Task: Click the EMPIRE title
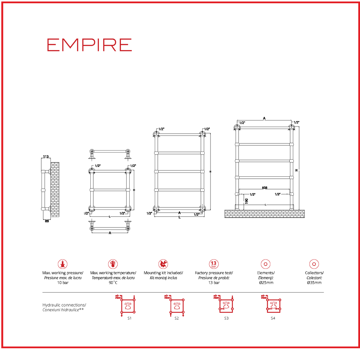89,45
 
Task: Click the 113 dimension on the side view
46,157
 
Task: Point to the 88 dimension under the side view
47,221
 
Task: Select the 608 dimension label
264,188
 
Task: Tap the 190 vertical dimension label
246,201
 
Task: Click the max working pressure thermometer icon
63,264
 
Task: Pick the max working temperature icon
113,264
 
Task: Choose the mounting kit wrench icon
163,264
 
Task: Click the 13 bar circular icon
214,264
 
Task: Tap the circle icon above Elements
265,264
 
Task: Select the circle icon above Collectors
314,264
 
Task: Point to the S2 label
177,318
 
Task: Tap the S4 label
273,318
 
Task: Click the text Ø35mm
314,283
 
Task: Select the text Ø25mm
266,283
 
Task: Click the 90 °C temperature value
113,283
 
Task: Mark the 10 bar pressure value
63,283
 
